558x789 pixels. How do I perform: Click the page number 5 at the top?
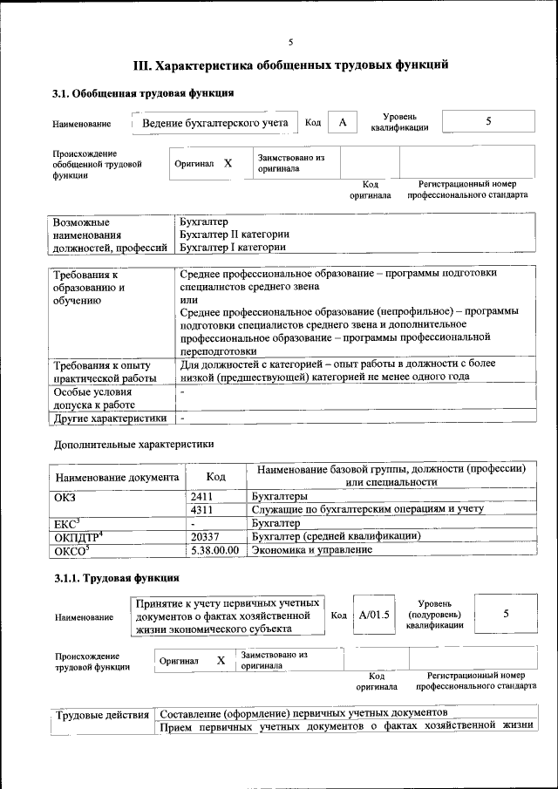290,42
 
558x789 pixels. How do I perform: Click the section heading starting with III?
290,65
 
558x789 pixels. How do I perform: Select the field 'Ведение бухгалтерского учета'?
214,123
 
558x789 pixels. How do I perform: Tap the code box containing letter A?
343,123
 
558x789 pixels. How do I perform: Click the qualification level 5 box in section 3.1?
488,122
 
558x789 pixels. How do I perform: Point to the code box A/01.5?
373,615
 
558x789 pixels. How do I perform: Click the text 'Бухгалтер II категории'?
234,235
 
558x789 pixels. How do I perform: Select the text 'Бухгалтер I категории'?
232,248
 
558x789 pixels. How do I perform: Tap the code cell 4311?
202,509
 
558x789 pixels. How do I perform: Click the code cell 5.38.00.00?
214,550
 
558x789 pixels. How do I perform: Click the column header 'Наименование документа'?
117,478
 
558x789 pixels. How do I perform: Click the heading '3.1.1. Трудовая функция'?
117,578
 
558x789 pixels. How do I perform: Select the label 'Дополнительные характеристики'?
133,445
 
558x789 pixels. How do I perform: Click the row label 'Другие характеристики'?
110,418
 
